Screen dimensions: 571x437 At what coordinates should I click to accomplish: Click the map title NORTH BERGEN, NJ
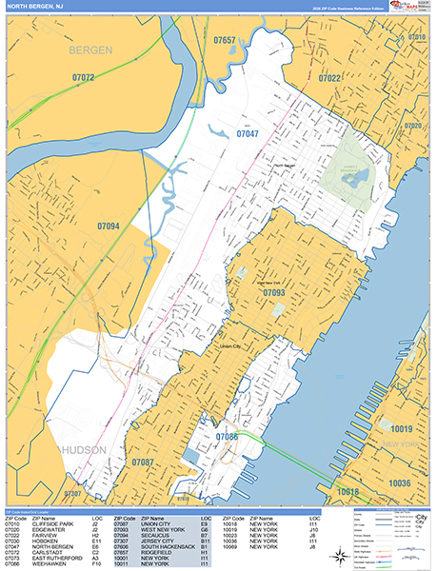34,8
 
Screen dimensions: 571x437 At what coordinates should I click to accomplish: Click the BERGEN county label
90,49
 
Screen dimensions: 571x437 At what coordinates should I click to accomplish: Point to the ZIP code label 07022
329,78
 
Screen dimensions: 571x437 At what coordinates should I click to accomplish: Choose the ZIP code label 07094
109,226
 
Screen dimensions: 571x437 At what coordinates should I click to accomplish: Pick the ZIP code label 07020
413,126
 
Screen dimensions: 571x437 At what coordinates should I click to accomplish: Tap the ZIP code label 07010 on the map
417,37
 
